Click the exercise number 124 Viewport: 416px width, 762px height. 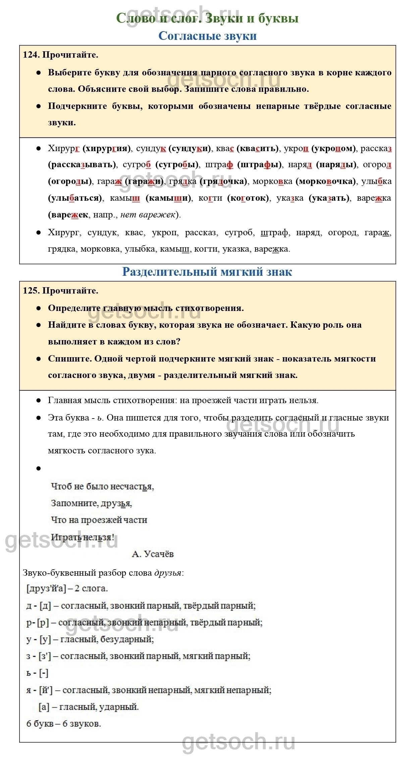tap(31, 55)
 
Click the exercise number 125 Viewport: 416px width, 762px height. tap(31, 291)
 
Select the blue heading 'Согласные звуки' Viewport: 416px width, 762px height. tap(207, 36)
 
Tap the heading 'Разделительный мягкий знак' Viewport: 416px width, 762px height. tap(207, 271)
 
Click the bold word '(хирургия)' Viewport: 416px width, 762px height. tap(107, 148)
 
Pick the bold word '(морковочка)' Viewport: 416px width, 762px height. tap(325, 181)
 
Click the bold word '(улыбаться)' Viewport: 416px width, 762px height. tap(75, 198)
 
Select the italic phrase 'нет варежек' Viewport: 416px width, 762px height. tap(148, 215)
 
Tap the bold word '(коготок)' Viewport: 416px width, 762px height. tap(248, 198)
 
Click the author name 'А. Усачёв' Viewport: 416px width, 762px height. tap(153, 554)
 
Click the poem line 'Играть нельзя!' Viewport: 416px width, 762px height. tap(82, 537)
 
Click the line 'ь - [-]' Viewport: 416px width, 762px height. tap(37, 673)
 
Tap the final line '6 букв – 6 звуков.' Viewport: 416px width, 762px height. tap(64, 723)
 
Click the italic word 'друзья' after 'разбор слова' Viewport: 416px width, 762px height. tap(168, 573)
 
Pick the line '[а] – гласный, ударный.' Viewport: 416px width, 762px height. tap(89, 707)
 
